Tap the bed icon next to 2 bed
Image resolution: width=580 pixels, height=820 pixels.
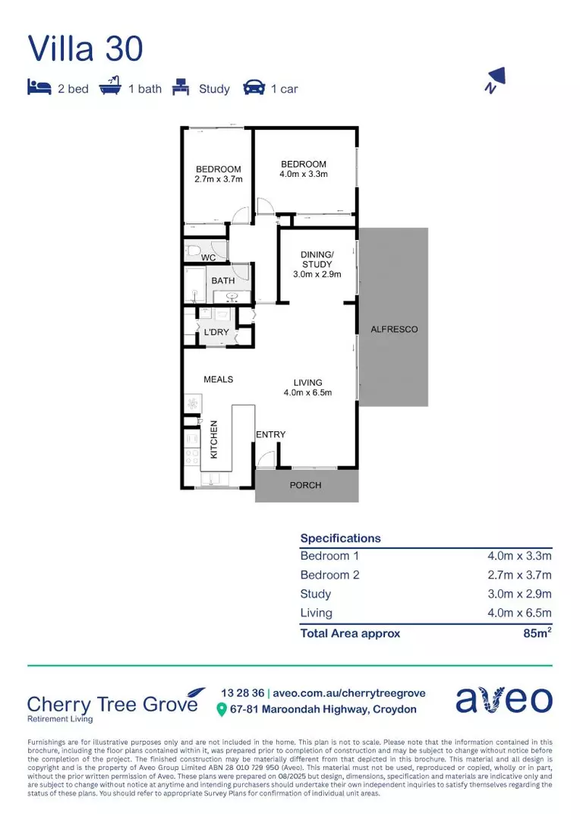(39, 87)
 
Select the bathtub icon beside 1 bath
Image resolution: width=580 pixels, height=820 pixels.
(111, 87)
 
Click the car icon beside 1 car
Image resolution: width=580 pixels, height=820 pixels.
(254, 88)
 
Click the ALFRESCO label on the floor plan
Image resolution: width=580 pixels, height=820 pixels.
(394, 330)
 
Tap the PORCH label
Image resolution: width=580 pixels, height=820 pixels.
(306, 485)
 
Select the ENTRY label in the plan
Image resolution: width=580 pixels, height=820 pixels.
(270, 434)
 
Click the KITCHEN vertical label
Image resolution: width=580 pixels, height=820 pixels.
(214, 440)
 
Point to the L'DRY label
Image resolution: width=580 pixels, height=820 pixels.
(216, 333)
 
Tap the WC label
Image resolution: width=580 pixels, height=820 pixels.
(209, 258)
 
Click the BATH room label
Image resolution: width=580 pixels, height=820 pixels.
(223, 281)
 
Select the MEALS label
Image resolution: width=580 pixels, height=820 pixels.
(218, 379)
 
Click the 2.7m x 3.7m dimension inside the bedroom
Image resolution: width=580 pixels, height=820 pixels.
(218, 180)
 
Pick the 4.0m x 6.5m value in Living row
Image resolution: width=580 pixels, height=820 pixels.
(519, 613)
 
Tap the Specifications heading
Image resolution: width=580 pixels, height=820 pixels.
(340, 538)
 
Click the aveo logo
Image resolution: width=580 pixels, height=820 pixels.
(503, 700)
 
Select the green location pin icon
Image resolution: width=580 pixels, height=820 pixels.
(222, 710)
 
